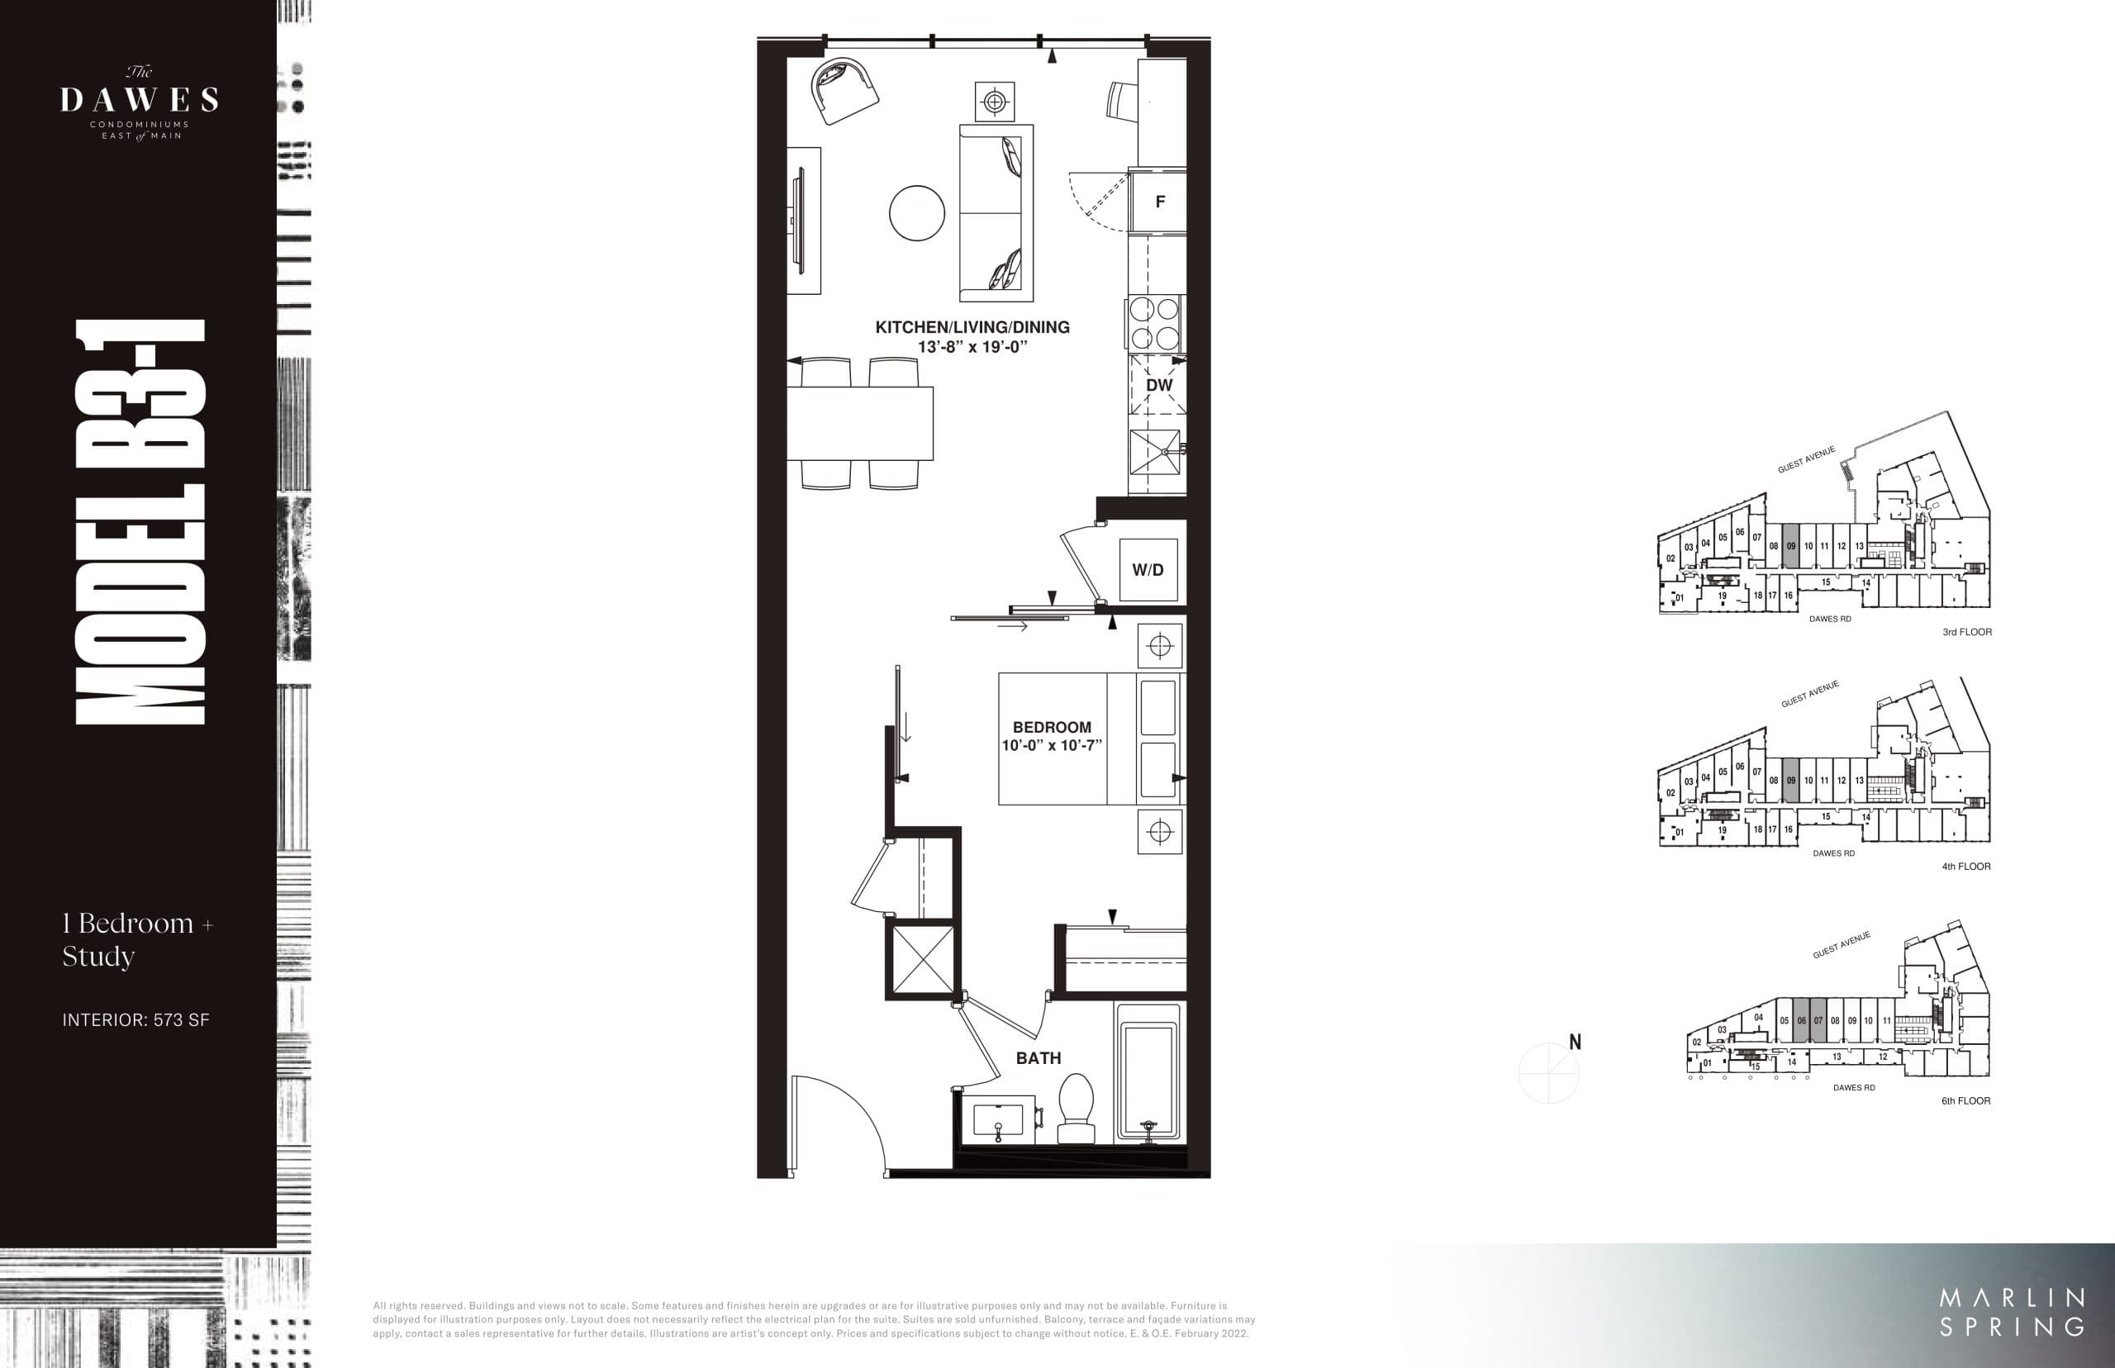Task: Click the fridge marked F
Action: click(1158, 202)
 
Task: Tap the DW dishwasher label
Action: click(1158, 385)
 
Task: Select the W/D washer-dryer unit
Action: click(1148, 569)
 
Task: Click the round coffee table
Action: click(917, 213)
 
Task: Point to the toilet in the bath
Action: click(1076, 1108)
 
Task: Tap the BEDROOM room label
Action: click(1052, 727)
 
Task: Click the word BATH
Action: click(1038, 1058)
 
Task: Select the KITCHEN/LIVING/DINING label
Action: click(972, 327)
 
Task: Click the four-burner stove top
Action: click(1154, 324)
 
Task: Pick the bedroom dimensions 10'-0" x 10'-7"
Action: click(1052, 746)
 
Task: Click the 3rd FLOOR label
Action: click(1966, 633)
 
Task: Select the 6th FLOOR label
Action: click(1965, 1100)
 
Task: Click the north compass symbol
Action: click(1551, 1071)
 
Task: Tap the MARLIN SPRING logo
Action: click(2011, 1312)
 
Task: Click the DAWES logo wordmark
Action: click(140, 99)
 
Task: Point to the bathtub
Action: click(1149, 1075)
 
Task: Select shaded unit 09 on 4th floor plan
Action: click(1791, 781)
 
